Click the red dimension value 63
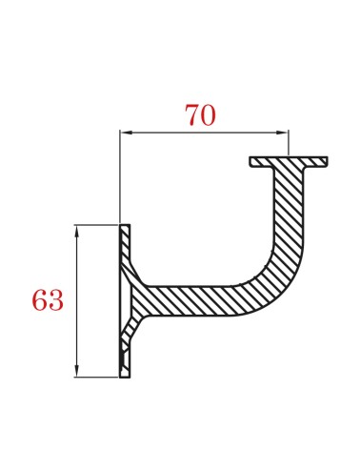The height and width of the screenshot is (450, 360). [x=48, y=301]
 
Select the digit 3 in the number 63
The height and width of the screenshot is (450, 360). [x=56, y=301]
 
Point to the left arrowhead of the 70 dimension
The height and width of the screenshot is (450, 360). [x=125, y=132]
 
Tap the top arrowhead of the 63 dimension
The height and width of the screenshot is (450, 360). [x=75, y=230]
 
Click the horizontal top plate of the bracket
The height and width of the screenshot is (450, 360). [x=289, y=161]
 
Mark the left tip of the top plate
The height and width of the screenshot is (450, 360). [x=252, y=161]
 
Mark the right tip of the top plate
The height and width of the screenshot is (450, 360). [x=326, y=161]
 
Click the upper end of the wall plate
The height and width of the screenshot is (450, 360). [x=124, y=229]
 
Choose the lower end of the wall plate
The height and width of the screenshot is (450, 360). [x=124, y=374]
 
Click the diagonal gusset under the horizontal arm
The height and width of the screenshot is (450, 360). [x=135, y=329]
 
